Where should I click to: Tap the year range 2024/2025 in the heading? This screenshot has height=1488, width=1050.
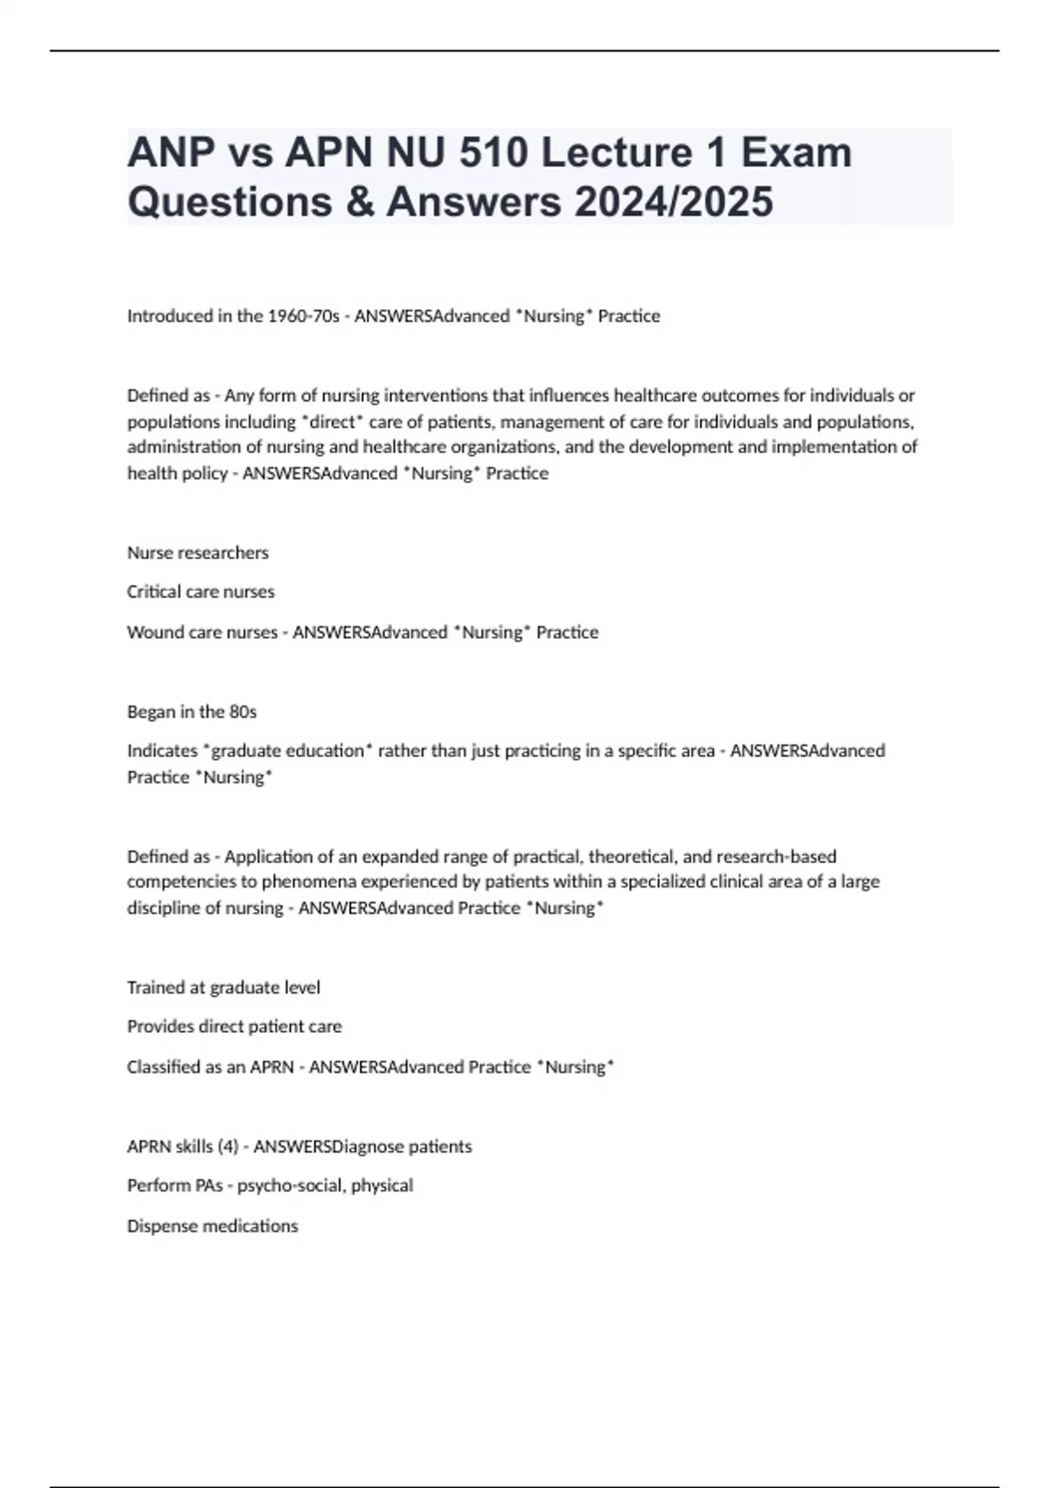(x=674, y=201)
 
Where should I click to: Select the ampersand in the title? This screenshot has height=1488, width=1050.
(x=360, y=201)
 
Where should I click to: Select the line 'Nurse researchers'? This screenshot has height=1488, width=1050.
(x=198, y=553)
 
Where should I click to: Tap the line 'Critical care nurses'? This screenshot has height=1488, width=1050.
(x=200, y=592)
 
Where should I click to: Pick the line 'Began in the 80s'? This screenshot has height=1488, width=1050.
(x=192, y=712)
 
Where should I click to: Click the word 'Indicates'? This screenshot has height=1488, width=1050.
(x=162, y=751)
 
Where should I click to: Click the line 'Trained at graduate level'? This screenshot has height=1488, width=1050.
(x=223, y=987)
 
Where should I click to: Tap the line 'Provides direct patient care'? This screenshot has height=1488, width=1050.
(x=234, y=1026)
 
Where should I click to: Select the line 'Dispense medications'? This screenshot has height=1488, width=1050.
(x=213, y=1225)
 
